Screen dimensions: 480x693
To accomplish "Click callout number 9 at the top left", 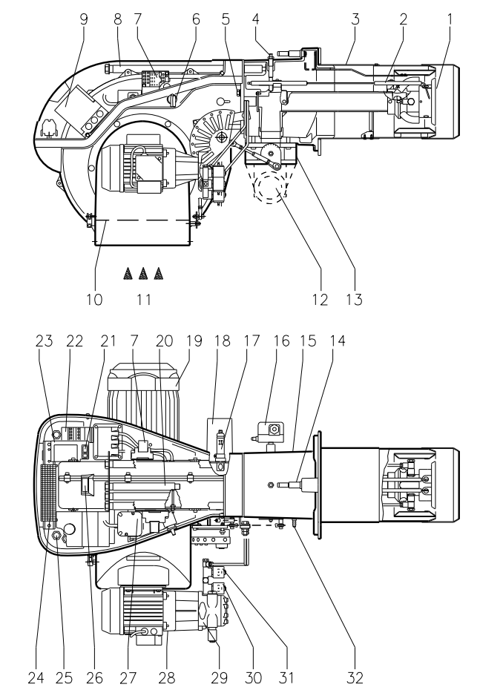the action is (x=84, y=19).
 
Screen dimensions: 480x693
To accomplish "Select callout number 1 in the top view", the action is (x=450, y=19).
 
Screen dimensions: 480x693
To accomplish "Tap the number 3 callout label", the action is (x=355, y=19).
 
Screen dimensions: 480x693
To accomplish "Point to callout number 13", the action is (x=354, y=300).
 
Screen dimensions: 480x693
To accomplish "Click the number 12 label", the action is (x=320, y=300).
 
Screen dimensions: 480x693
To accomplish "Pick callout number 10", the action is (x=94, y=300).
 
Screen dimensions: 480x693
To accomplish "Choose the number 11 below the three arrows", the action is (x=144, y=300).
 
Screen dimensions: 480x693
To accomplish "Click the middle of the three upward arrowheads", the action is (x=142, y=274).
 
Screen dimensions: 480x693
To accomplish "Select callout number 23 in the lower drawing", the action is (x=45, y=341).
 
